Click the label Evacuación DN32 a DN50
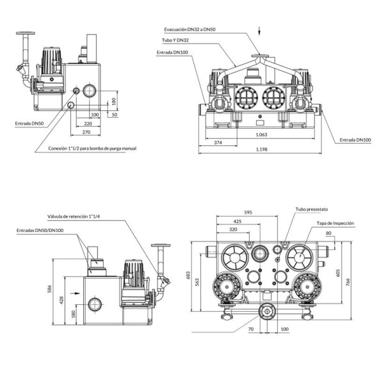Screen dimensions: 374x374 coord(190,29)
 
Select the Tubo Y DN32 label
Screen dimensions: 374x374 coord(175,40)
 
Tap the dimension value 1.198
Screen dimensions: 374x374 coord(261,150)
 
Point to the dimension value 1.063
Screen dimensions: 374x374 coord(261,134)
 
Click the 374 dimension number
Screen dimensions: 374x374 coord(218,143)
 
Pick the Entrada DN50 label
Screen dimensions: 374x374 coord(29,124)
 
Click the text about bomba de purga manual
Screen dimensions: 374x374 coord(92,149)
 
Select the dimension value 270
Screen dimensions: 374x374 coord(86,132)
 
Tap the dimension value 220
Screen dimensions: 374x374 coord(88,124)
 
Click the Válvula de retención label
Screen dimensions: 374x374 coord(73,216)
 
